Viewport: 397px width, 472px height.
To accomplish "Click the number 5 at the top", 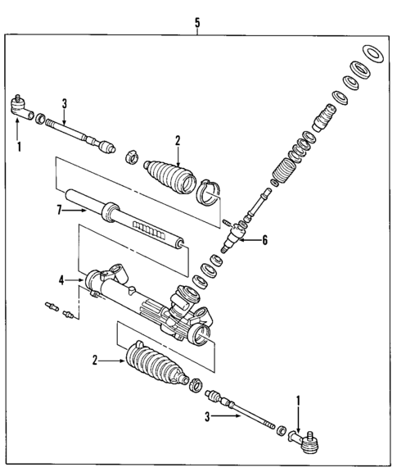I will click(198, 23).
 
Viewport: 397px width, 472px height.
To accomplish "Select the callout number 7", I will click(60, 211).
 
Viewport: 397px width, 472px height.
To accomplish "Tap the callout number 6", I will click(264, 240).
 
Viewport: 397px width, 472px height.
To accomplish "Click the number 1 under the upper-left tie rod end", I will click(19, 148).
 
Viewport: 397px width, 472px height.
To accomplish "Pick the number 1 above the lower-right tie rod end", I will click(297, 402).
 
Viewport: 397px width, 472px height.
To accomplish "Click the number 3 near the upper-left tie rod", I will click(65, 102).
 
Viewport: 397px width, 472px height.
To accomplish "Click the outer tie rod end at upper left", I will click(20, 107).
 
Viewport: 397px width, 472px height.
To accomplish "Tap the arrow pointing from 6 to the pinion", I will click(247, 240).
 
